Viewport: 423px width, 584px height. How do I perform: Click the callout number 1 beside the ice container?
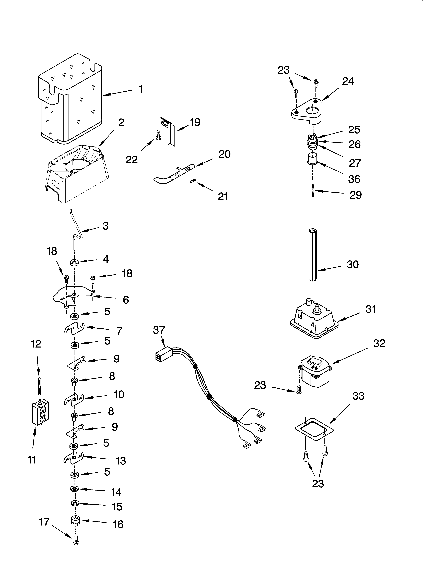point(141,89)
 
